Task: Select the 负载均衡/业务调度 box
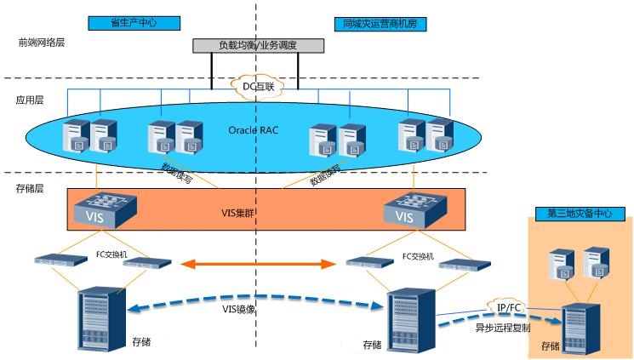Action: tap(258, 45)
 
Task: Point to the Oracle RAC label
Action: tap(254, 130)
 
